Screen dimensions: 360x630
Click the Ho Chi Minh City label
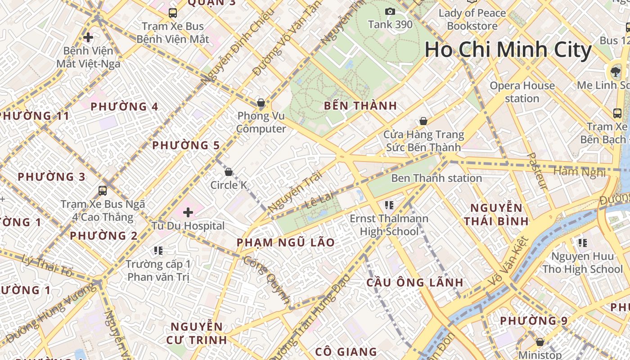[x=508, y=49]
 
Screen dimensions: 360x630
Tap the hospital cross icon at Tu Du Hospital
[x=188, y=212]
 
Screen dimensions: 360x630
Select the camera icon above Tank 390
[x=390, y=11]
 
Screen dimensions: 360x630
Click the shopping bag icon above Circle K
[x=229, y=171]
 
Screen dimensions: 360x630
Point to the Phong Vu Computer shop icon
[x=261, y=103]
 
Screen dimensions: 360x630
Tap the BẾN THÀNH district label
[x=360, y=106]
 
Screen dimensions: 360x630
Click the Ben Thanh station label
[x=436, y=178]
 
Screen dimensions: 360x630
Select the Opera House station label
[x=522, y=92]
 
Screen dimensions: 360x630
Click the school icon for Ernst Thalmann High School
[x=390, y=205]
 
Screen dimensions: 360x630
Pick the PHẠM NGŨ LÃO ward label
[x=286, y=243]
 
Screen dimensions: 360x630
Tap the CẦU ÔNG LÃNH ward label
[x=414, y=283]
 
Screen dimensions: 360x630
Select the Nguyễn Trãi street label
[x=295, y=192]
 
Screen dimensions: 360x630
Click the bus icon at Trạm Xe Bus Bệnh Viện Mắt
[x=173, y=13]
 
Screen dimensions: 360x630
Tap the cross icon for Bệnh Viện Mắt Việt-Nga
[x=88, y=37]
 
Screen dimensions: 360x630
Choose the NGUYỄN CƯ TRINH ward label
[x=197, y=333]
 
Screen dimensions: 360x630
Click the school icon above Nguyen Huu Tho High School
[x=583, y=243]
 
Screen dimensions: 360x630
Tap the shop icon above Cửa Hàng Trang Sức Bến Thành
[x=423, y=121]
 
